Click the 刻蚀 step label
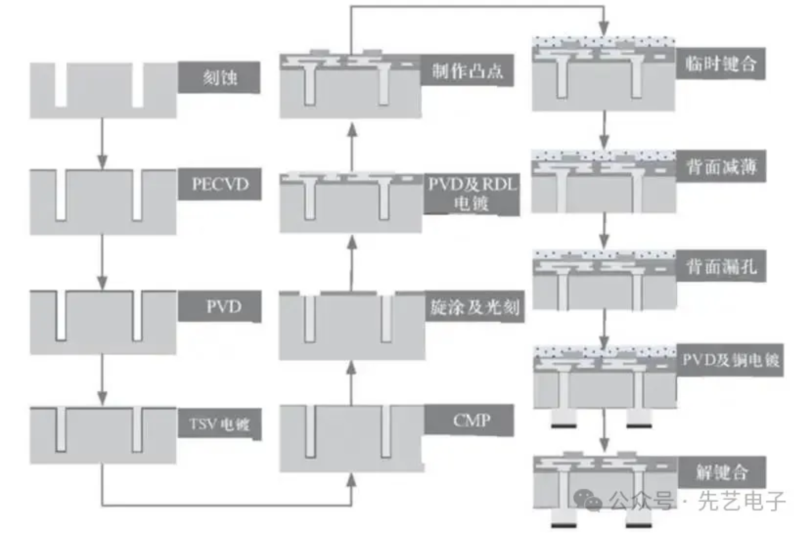(219, 77)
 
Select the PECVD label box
(220, 184)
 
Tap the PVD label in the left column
(220, 306)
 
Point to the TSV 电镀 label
(220, 424)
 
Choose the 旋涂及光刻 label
(474, 307)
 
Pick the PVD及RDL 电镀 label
(472, 194)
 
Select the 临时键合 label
(721, 63)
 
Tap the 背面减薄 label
(721, 166)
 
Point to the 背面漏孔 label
(721, 266)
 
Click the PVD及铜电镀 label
(730, 360)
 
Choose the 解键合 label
(722, 472)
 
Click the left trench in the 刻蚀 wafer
(61, 85)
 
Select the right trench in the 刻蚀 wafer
(138, 85)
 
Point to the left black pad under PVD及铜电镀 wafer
(564, 426)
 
